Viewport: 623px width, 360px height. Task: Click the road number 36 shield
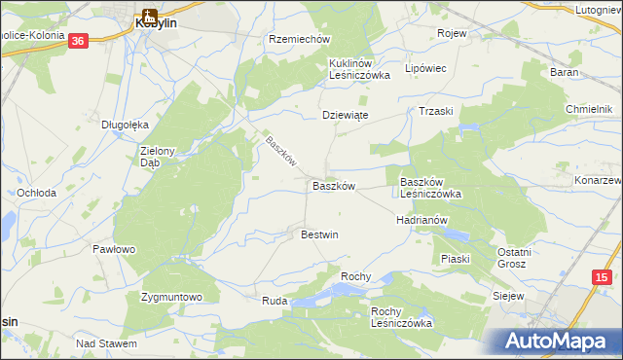(x=79, y=40)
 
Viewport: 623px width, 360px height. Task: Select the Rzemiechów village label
(x=300, y=40)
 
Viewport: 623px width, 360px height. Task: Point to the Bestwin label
(x=319, y=234)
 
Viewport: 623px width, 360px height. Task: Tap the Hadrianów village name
(x=421, y=220)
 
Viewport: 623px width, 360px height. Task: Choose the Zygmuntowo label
(x=171, y=297)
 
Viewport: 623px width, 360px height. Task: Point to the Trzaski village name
(x=436, y=111)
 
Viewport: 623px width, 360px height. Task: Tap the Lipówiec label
(x=425, y=69)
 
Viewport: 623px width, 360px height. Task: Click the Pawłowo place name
(x=114, y=249)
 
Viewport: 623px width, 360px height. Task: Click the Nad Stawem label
(x=107, y=343)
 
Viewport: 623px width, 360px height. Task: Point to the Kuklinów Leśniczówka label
(x=359, y=68)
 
